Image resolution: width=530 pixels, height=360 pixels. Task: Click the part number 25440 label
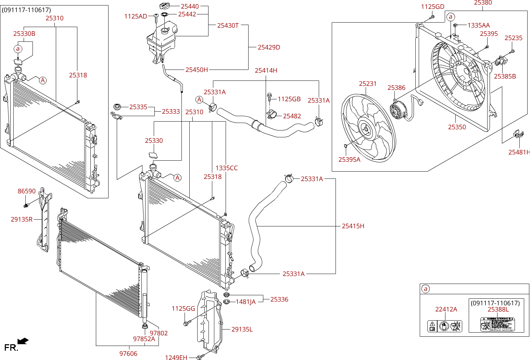(190, 6)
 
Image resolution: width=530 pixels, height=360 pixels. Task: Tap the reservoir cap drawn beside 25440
(165, 6)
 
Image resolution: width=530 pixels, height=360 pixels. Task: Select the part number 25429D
(269, 47)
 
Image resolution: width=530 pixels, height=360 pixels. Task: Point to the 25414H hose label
(266, 71)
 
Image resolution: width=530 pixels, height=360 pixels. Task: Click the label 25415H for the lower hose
(353, 226)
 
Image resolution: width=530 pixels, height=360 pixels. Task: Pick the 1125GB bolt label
(289, 99)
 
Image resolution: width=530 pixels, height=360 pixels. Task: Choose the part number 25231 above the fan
(368, 84)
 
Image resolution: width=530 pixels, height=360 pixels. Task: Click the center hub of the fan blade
(366, 129)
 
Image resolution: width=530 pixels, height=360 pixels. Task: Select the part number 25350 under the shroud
(457, 127)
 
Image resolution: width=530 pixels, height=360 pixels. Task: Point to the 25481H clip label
(519, 152)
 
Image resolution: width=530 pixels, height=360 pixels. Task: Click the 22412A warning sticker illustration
(445, 326)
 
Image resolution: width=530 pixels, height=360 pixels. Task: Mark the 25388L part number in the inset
(498, 310)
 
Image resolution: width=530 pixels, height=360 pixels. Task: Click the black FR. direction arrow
(23, 341)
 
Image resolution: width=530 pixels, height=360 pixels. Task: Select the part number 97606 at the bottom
(128, 353)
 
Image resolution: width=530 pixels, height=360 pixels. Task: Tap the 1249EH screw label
(176, 358)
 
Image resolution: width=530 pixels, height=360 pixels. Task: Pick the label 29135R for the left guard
(22, 219)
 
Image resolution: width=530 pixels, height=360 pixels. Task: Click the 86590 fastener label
(27, 191)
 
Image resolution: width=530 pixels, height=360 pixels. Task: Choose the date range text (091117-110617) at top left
(26, 10)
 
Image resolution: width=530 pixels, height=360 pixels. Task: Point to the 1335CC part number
(226, 168)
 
